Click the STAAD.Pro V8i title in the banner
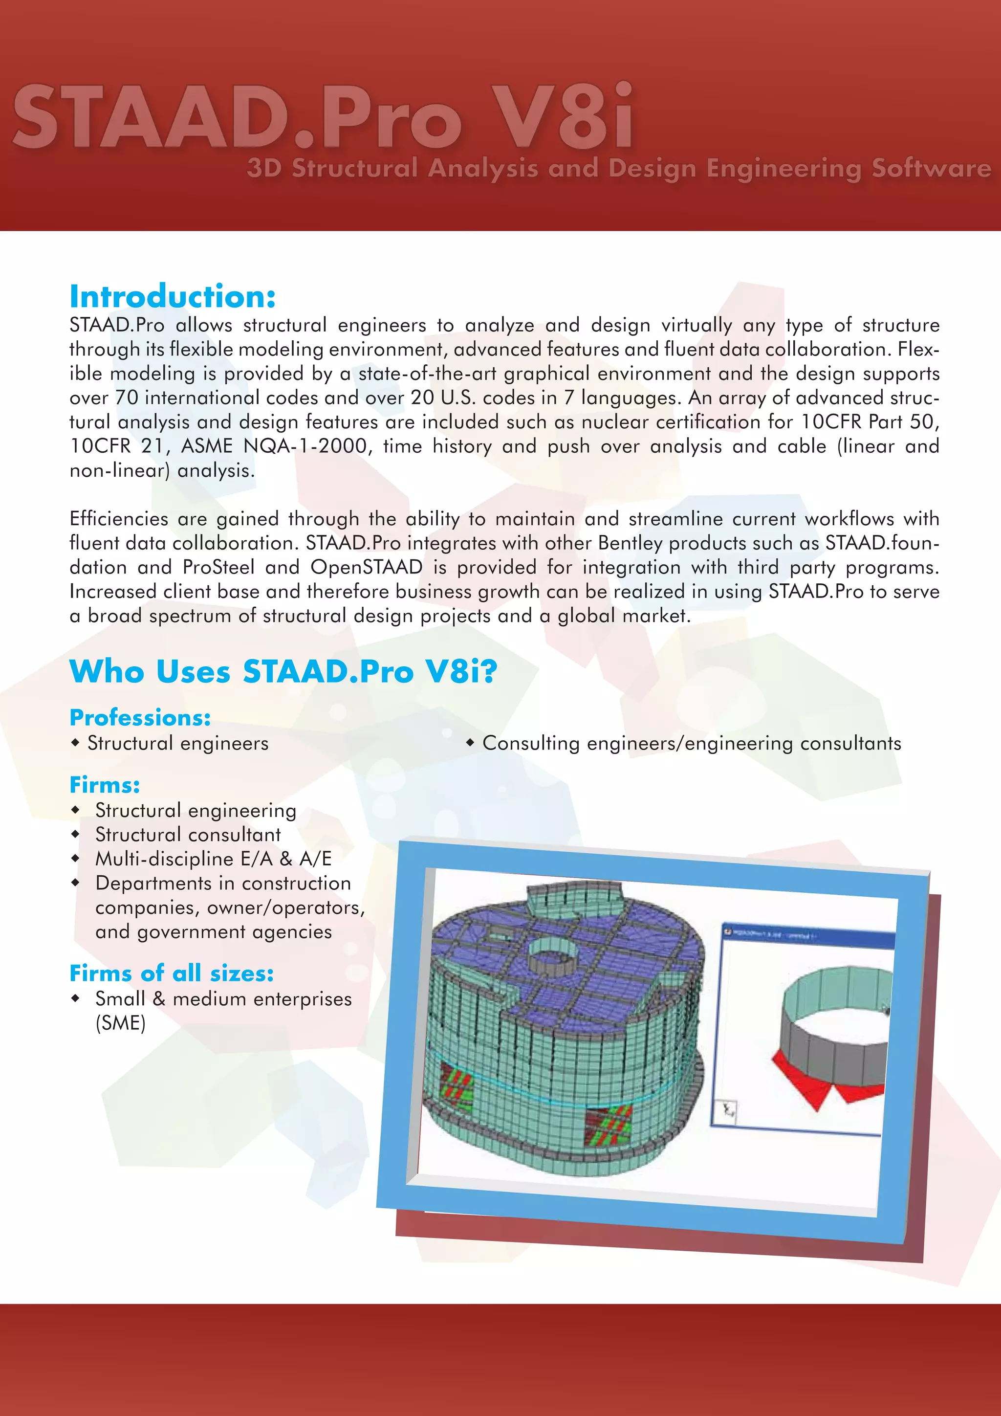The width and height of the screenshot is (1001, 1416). pos(323,117)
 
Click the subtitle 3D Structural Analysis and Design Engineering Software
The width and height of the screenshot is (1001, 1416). pos(619,168)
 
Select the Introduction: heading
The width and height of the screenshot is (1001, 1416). pos(173,297)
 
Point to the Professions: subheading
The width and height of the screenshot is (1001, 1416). pos(140,718)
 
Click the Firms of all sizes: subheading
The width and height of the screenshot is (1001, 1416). pos(172,973)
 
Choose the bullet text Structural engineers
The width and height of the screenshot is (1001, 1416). pos(177,743)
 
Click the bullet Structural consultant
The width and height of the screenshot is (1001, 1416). pos(188,835)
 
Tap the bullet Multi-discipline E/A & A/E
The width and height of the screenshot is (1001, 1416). pos(213,859)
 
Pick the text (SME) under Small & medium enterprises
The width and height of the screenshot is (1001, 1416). pos(120,1023)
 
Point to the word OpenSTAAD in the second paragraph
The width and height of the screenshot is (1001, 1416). pos(366,567)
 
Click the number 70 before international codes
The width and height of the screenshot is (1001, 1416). pos(127,398)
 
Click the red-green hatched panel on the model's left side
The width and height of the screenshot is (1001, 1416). pos(456,1088)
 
